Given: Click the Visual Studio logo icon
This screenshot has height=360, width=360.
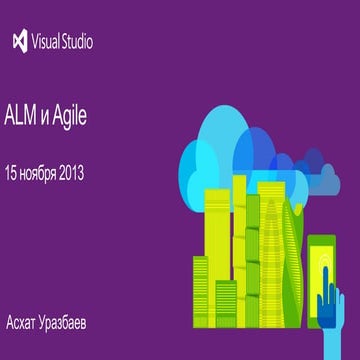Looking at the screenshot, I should pyautogui.click(x=19, y=42).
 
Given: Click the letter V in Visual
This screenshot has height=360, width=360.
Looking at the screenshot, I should pyautogui.click(x=38, y=43).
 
